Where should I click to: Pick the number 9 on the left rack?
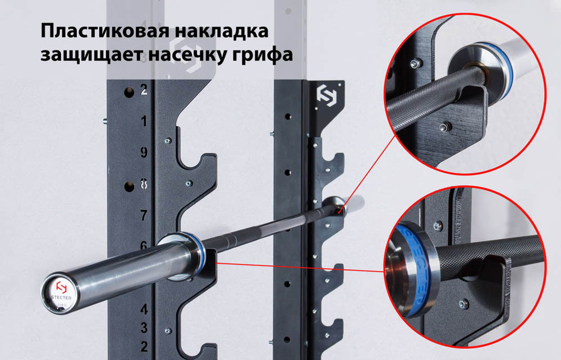[x=144, y=152]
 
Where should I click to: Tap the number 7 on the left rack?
[x=144, y=215]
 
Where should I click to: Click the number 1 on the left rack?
[x=144, y=121]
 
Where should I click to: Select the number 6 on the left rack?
[x=144, y=245]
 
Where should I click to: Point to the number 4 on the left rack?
[x=144, y=309]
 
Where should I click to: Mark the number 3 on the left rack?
[x=144, y=327]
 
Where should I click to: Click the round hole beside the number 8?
[x=128, y=184]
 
